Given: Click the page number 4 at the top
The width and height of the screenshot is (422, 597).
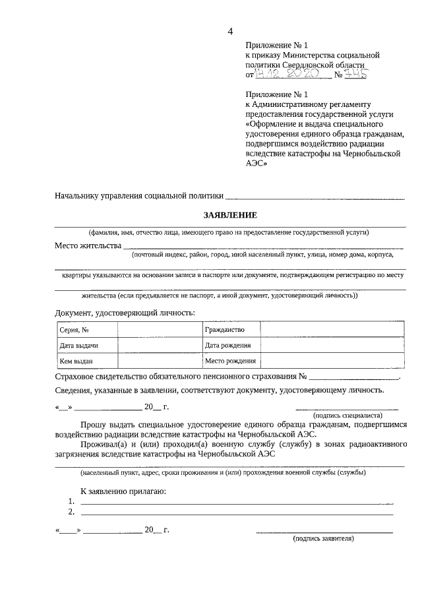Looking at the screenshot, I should [x=230, y=31].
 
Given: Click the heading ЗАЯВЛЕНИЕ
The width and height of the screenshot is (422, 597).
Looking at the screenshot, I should [x=229, y=214].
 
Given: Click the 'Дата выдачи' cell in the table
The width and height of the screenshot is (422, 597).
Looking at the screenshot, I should [x=79, y=346].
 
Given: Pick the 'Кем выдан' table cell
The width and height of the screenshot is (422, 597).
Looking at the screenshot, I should [x=76, y=361].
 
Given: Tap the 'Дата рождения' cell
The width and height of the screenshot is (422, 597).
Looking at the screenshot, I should [x=227, y=346].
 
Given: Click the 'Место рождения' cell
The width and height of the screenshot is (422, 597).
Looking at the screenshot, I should [x=229, y=361].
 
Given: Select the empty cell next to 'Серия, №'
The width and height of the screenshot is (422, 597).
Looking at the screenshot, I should [x=158, y=330].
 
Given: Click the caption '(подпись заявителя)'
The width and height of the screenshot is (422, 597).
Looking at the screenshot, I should [x=324, y=538].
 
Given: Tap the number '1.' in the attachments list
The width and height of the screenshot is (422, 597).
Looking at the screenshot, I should [x=72, y=502].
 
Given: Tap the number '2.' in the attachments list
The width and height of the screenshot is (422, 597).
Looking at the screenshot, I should [x=72, y=512].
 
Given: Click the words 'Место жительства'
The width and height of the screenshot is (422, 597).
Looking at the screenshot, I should [x=88, y=246].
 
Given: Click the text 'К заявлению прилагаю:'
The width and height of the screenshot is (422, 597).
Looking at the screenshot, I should [x=123, y=491].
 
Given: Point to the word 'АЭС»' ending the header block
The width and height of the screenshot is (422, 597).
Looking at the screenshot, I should [x=256, y=164].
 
